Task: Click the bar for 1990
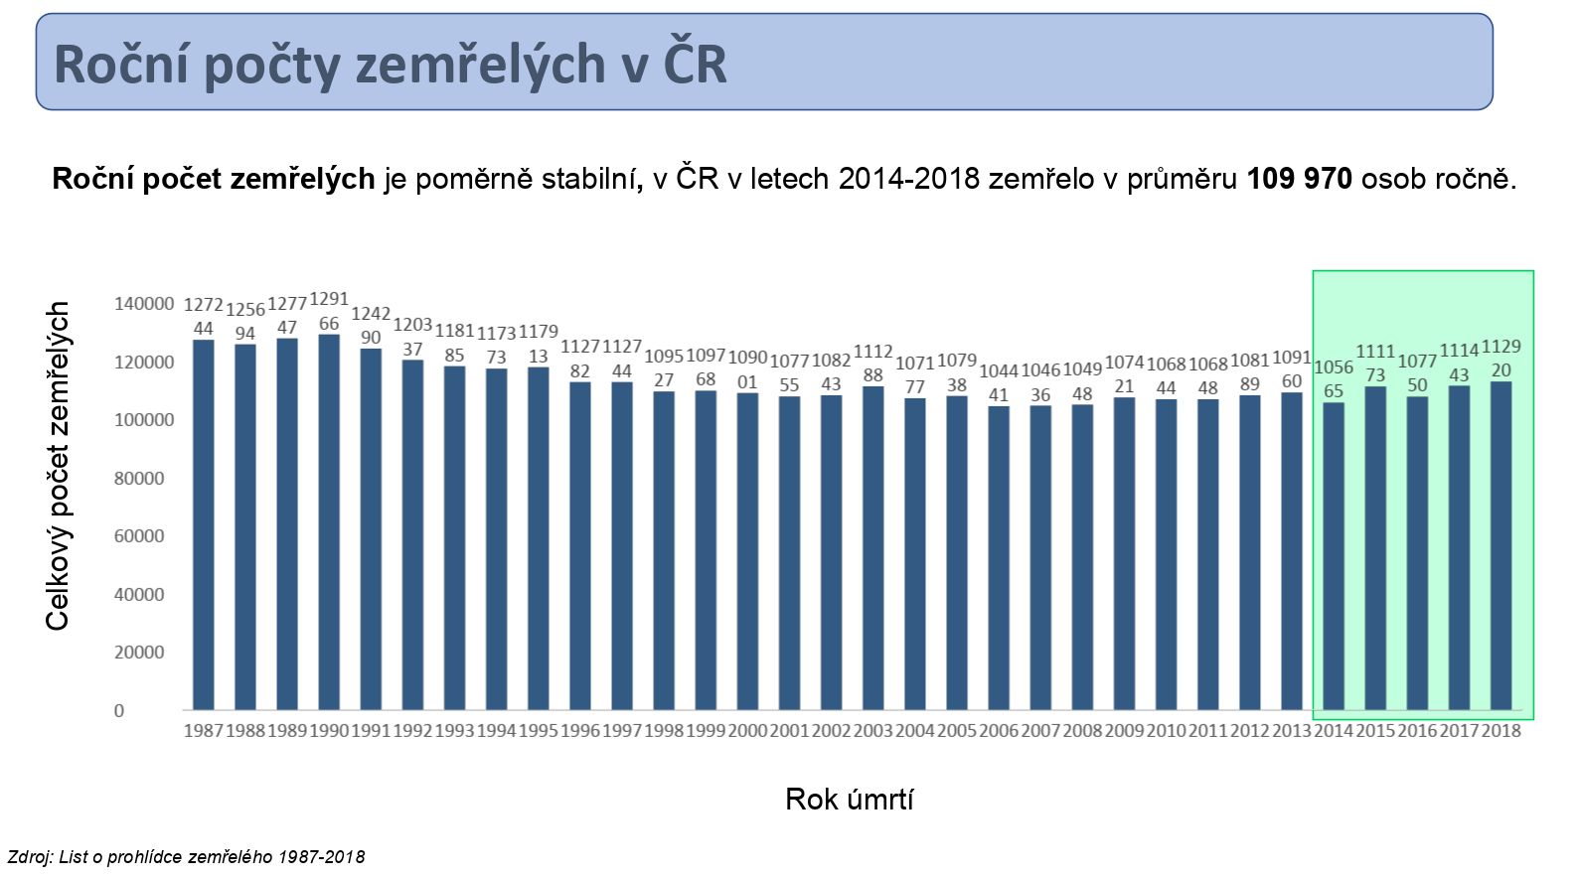coord(329,521)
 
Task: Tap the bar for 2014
coord(1334,556)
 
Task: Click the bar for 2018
coord(1501,545)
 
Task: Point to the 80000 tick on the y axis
coord(139,478)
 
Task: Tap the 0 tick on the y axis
coord(119,710)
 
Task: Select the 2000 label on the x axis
coord(747,731)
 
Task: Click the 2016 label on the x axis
coord(1417,731)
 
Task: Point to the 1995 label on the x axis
coord(538,731)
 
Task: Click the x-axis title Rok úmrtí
coord(849,799)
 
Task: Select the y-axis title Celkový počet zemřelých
coord(58,465)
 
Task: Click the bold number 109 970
coord(1299,179)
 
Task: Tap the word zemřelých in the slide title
coord(479,64)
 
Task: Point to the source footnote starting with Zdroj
coord(186,856)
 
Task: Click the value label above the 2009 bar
coord(1124,374)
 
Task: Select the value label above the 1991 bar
coord(371,326)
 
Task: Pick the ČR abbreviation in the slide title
coord(695,64)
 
